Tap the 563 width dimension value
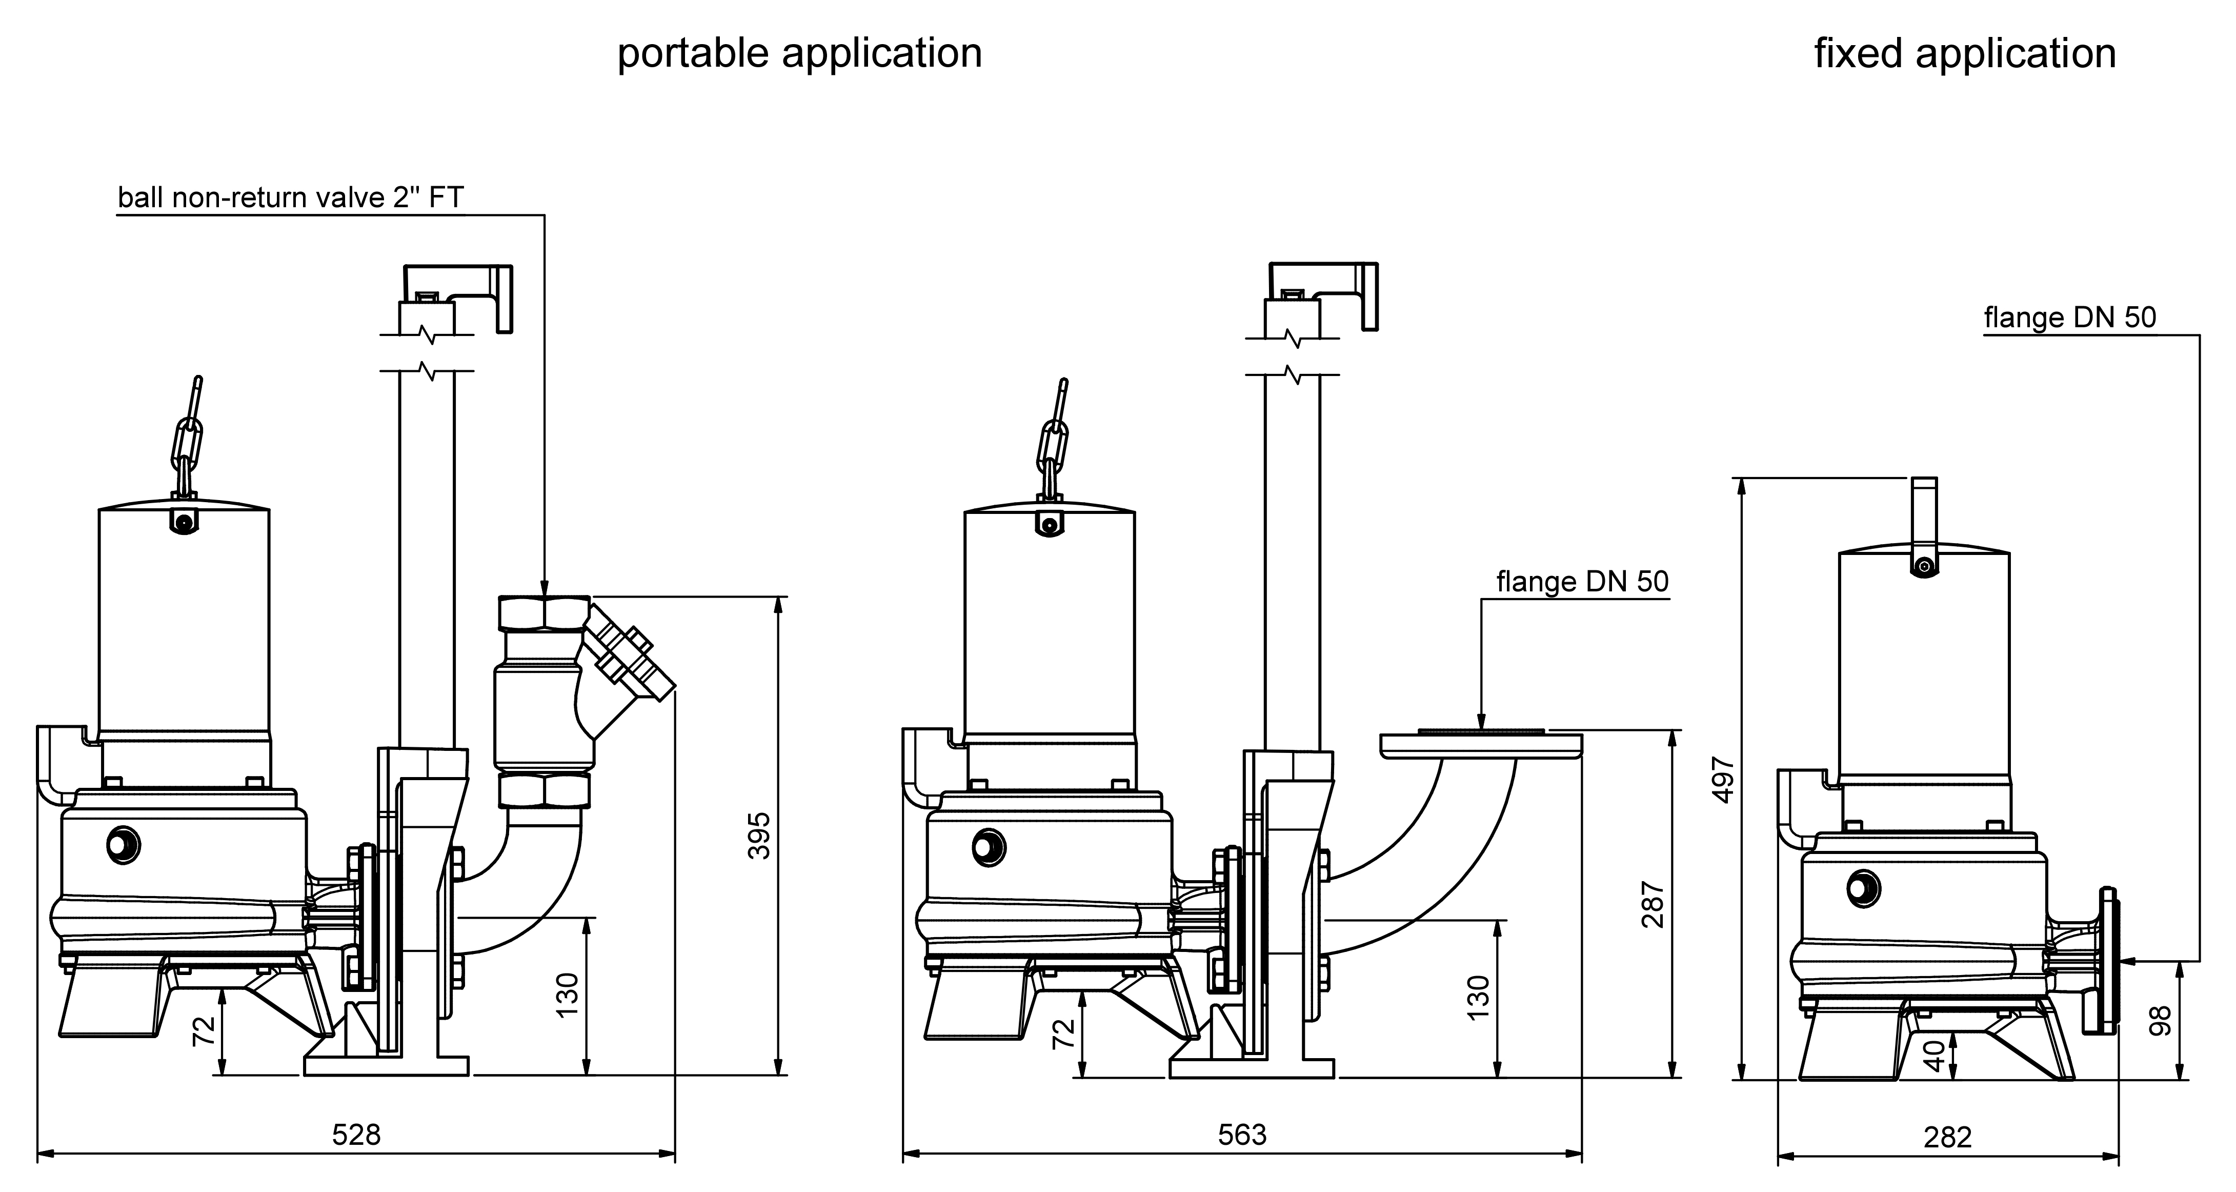tap(1242, 1135)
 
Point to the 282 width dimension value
tap(1948, 1137)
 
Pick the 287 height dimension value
tap(1654, 905)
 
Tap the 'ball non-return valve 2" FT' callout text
tap(291, 198)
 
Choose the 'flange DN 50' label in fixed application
tap(2069, 318)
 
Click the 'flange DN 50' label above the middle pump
tap(1582, 582)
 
